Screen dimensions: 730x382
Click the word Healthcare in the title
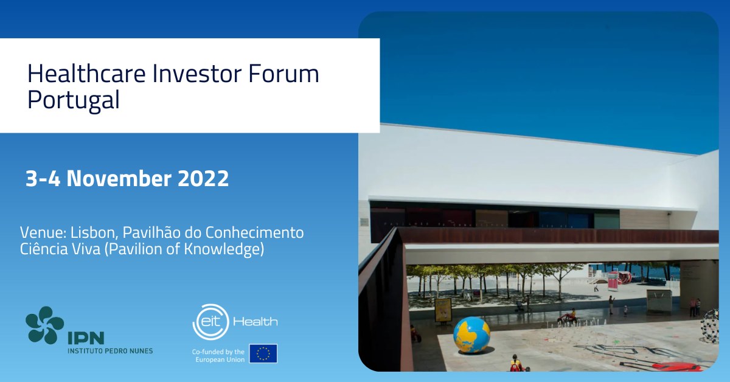click(86, 74)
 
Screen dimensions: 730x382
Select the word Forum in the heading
click(283, 74)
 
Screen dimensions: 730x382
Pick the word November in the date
click(119, 179)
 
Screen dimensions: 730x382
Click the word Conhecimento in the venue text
click(255, 233)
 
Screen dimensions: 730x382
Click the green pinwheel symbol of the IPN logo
click(44, 325)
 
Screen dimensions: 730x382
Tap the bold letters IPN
click(86, 338)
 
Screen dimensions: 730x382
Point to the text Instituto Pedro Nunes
click(110, 351)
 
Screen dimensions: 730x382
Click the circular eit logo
click(210, 322)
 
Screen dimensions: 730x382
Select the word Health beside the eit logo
click(255, 322)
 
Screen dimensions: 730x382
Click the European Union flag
click(263, 353)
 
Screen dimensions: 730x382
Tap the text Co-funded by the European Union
click(218, 356)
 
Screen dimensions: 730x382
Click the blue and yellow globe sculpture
click(471, 335)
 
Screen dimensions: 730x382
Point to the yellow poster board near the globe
click(443, 310)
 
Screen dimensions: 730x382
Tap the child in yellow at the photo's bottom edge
click(515, 363)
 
